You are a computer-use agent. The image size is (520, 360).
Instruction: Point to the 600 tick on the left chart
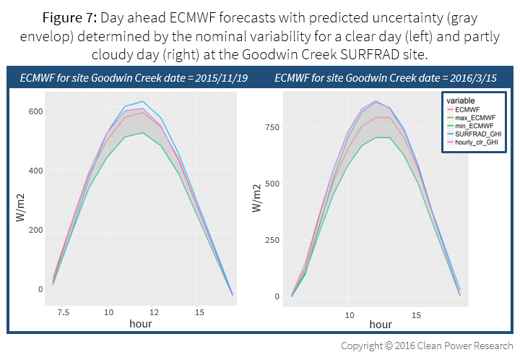pos(35,111)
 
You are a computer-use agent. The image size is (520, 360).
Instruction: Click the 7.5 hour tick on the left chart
pos(63,312)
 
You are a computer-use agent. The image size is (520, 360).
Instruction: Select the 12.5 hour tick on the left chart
pos(153,312)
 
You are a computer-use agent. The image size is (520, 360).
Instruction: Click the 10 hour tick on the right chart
pos(350,314)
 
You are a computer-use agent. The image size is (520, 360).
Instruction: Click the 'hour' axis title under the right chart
pos(381,325)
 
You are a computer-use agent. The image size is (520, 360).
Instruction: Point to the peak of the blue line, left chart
pos(142,101)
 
